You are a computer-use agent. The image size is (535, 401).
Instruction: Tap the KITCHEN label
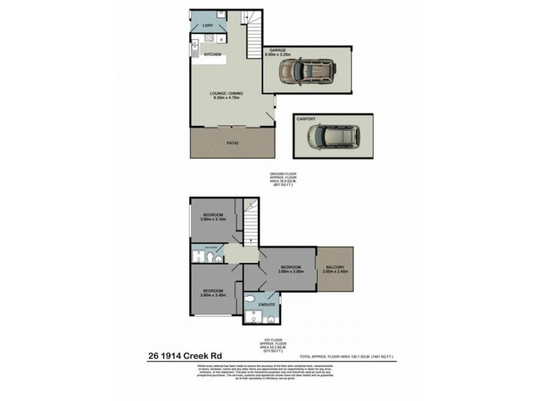(x=212, y=54)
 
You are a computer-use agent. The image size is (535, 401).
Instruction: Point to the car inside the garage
(x=307, y=69)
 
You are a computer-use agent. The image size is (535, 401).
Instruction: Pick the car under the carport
(x=333, y=138)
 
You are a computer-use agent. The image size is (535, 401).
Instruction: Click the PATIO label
(x=232, y=143)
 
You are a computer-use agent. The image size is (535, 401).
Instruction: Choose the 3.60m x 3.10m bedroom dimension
(x=214, y=219)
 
